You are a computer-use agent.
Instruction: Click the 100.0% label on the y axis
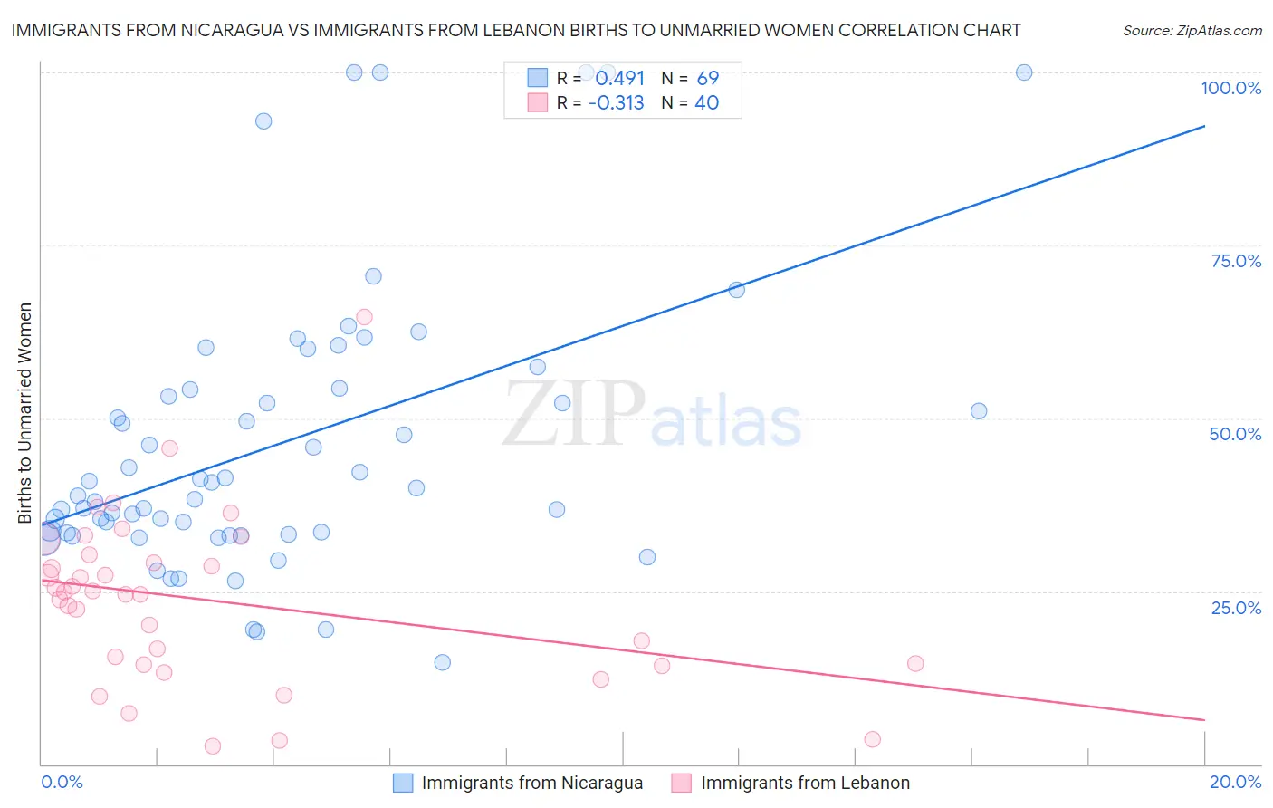click(1230, 88)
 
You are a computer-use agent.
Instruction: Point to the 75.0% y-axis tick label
click(1236, 261)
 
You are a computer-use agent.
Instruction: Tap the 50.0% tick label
click(1235, 434)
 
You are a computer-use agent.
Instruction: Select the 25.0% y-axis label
click(1236, 608)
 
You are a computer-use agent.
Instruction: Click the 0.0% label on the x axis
click(62, 782)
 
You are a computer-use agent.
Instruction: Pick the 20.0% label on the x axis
click(1235, 782)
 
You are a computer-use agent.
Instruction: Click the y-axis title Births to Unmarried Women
click(25, 413)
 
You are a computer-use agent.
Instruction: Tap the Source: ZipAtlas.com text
click(1192, 31)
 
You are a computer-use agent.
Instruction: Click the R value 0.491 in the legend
click(619, 79)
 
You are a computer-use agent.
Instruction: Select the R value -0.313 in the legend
click(616, 103)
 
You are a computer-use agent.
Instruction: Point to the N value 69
click(707, 79)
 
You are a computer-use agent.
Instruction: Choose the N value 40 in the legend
click(706, 103)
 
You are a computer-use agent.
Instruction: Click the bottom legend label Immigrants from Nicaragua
click(531, 783)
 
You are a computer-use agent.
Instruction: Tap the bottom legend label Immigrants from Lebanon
click(805, 783)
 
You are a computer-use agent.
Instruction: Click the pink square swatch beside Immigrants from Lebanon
click(681, 783)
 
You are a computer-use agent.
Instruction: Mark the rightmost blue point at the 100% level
click(1024, 72)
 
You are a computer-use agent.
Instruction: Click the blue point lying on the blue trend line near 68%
click(737, 290)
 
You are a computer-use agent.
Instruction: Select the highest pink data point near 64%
click(365, 317)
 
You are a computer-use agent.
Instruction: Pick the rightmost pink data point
click(915, 663)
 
